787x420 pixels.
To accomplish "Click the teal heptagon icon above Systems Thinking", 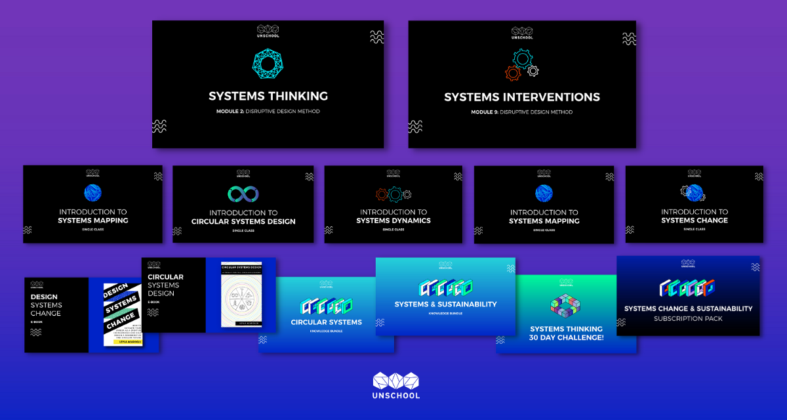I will point(268,64).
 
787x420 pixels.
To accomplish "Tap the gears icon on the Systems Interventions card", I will point(521,64).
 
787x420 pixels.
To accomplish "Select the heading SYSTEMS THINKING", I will point(268,96).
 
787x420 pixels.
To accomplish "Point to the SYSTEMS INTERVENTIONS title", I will point(522,97).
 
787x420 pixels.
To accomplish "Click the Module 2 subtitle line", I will point(268,112).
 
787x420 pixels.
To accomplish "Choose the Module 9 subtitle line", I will point(522,112).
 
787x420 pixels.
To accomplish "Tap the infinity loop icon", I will point(243,194).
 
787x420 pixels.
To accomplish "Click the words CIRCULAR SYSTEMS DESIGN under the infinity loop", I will point(243,222).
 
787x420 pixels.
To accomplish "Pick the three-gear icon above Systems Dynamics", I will point(393,194).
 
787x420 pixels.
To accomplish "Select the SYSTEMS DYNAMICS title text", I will point(393,220).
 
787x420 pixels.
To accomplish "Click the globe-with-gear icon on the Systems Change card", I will point(694,192).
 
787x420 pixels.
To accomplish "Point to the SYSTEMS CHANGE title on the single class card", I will point(695,220).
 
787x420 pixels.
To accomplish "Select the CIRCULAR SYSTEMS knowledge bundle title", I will point(326,322).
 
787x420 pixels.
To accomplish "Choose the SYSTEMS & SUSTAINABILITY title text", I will point(445,304).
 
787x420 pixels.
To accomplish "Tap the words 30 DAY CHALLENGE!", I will point(566,338).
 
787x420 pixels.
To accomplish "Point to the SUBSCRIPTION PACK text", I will point(688,319).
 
